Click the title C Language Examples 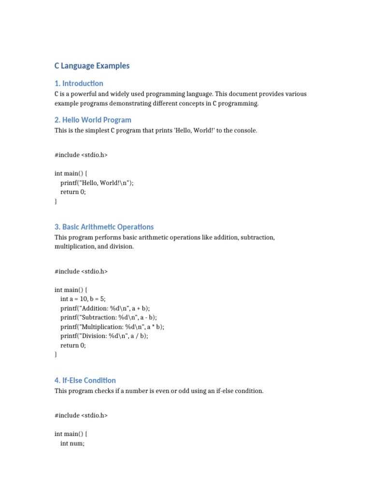click(92, 66)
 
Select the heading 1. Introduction click(79, 83)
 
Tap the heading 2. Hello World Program click(93, 120)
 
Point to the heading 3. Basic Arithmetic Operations click(104, 227)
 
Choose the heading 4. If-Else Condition click(85, 380)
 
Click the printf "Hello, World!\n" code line click(97, 183)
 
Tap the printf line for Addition click(105, 308)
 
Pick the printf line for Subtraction click(109, 318)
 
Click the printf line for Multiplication click(112, 327)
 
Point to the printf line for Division click(104, 336)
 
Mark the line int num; click(72, 443)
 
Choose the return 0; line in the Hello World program click(73, 192)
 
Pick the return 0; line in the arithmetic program click(73, 345)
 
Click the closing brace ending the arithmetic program click(56, 354)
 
